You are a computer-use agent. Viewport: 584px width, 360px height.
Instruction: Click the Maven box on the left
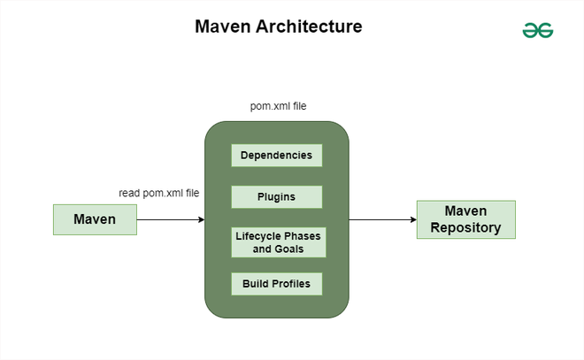point(95,219)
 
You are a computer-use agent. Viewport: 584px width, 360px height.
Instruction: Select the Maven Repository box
point(465,219)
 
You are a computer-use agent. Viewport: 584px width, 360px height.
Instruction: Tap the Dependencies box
point(276,156)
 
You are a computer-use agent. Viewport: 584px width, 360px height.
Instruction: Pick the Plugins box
point(276,196)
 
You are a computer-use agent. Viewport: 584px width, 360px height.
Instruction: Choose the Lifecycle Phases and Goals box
point(278,242)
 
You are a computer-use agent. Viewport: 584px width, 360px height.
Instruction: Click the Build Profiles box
point(276,284)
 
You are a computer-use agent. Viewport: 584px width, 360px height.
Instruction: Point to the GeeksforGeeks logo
point(537,30)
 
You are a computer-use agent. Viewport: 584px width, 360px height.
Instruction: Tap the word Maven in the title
point(223,27)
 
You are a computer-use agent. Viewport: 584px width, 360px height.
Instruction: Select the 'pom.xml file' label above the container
point(278,106)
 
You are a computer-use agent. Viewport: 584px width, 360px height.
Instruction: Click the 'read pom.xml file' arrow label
point(159,192)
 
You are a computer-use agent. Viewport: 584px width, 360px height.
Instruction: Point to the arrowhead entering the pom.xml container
point(201,219)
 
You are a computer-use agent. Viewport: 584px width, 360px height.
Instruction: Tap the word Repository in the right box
point(465,227)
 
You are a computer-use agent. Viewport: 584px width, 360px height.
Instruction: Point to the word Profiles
point(292,284)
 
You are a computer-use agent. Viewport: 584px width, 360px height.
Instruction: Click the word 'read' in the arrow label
point(130,192)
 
